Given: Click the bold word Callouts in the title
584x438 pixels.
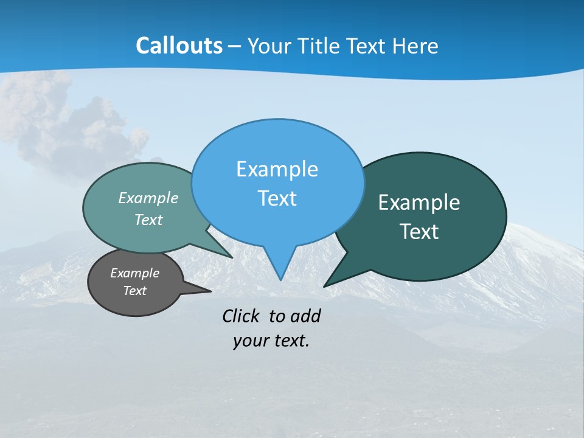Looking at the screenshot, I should pyautogui.click(x=179, y=46).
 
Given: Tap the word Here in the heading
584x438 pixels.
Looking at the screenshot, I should pyautogui.click(x=415, y=46).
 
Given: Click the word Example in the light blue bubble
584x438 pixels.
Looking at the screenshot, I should pyautogui.click(x=277, y=169).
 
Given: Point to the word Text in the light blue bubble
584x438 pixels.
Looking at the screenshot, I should pyautogui.click(x=277, y=198).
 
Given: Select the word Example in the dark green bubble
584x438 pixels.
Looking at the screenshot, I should pyautogui.click(x=419, y=203).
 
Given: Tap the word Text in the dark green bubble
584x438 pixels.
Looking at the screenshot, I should pyautogui.click(x=419, y=232).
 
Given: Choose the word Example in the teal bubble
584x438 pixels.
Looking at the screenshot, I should pyautogui.click(x=148, y=198).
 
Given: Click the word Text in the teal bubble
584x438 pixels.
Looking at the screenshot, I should pyautogui.click(x=148, y=220).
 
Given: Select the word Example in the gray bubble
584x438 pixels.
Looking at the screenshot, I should pyautogui.click(x=134, y=273).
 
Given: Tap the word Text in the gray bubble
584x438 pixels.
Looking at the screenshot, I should pyautogui.click(x=134, y=291).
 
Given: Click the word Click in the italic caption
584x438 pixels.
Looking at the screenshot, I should pyautogui.click(x=242, y=316).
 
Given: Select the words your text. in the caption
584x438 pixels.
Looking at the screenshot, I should pyautogui.click(x=271, y=341).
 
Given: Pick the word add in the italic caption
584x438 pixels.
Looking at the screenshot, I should pyautogui.click(x=305, y=316).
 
